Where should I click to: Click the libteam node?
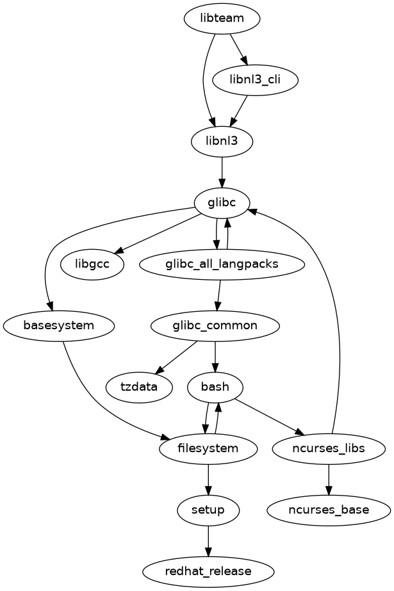(x=222, y=19)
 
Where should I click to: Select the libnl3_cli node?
(x=255, y=80)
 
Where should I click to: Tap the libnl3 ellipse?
(x=222, y=142)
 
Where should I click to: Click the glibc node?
(x=222, y=203)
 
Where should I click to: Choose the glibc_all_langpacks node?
(x=222, y=264)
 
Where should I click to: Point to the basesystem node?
(x=59, y=326)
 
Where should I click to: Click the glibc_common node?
(x=215, y=326)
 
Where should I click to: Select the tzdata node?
(x=139, y=387)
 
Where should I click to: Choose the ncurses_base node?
(x=329, y=510)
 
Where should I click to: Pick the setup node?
(x=208, y=510)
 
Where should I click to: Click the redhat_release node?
(x=208, y=571)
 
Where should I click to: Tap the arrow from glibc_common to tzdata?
(x=177, y=357)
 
